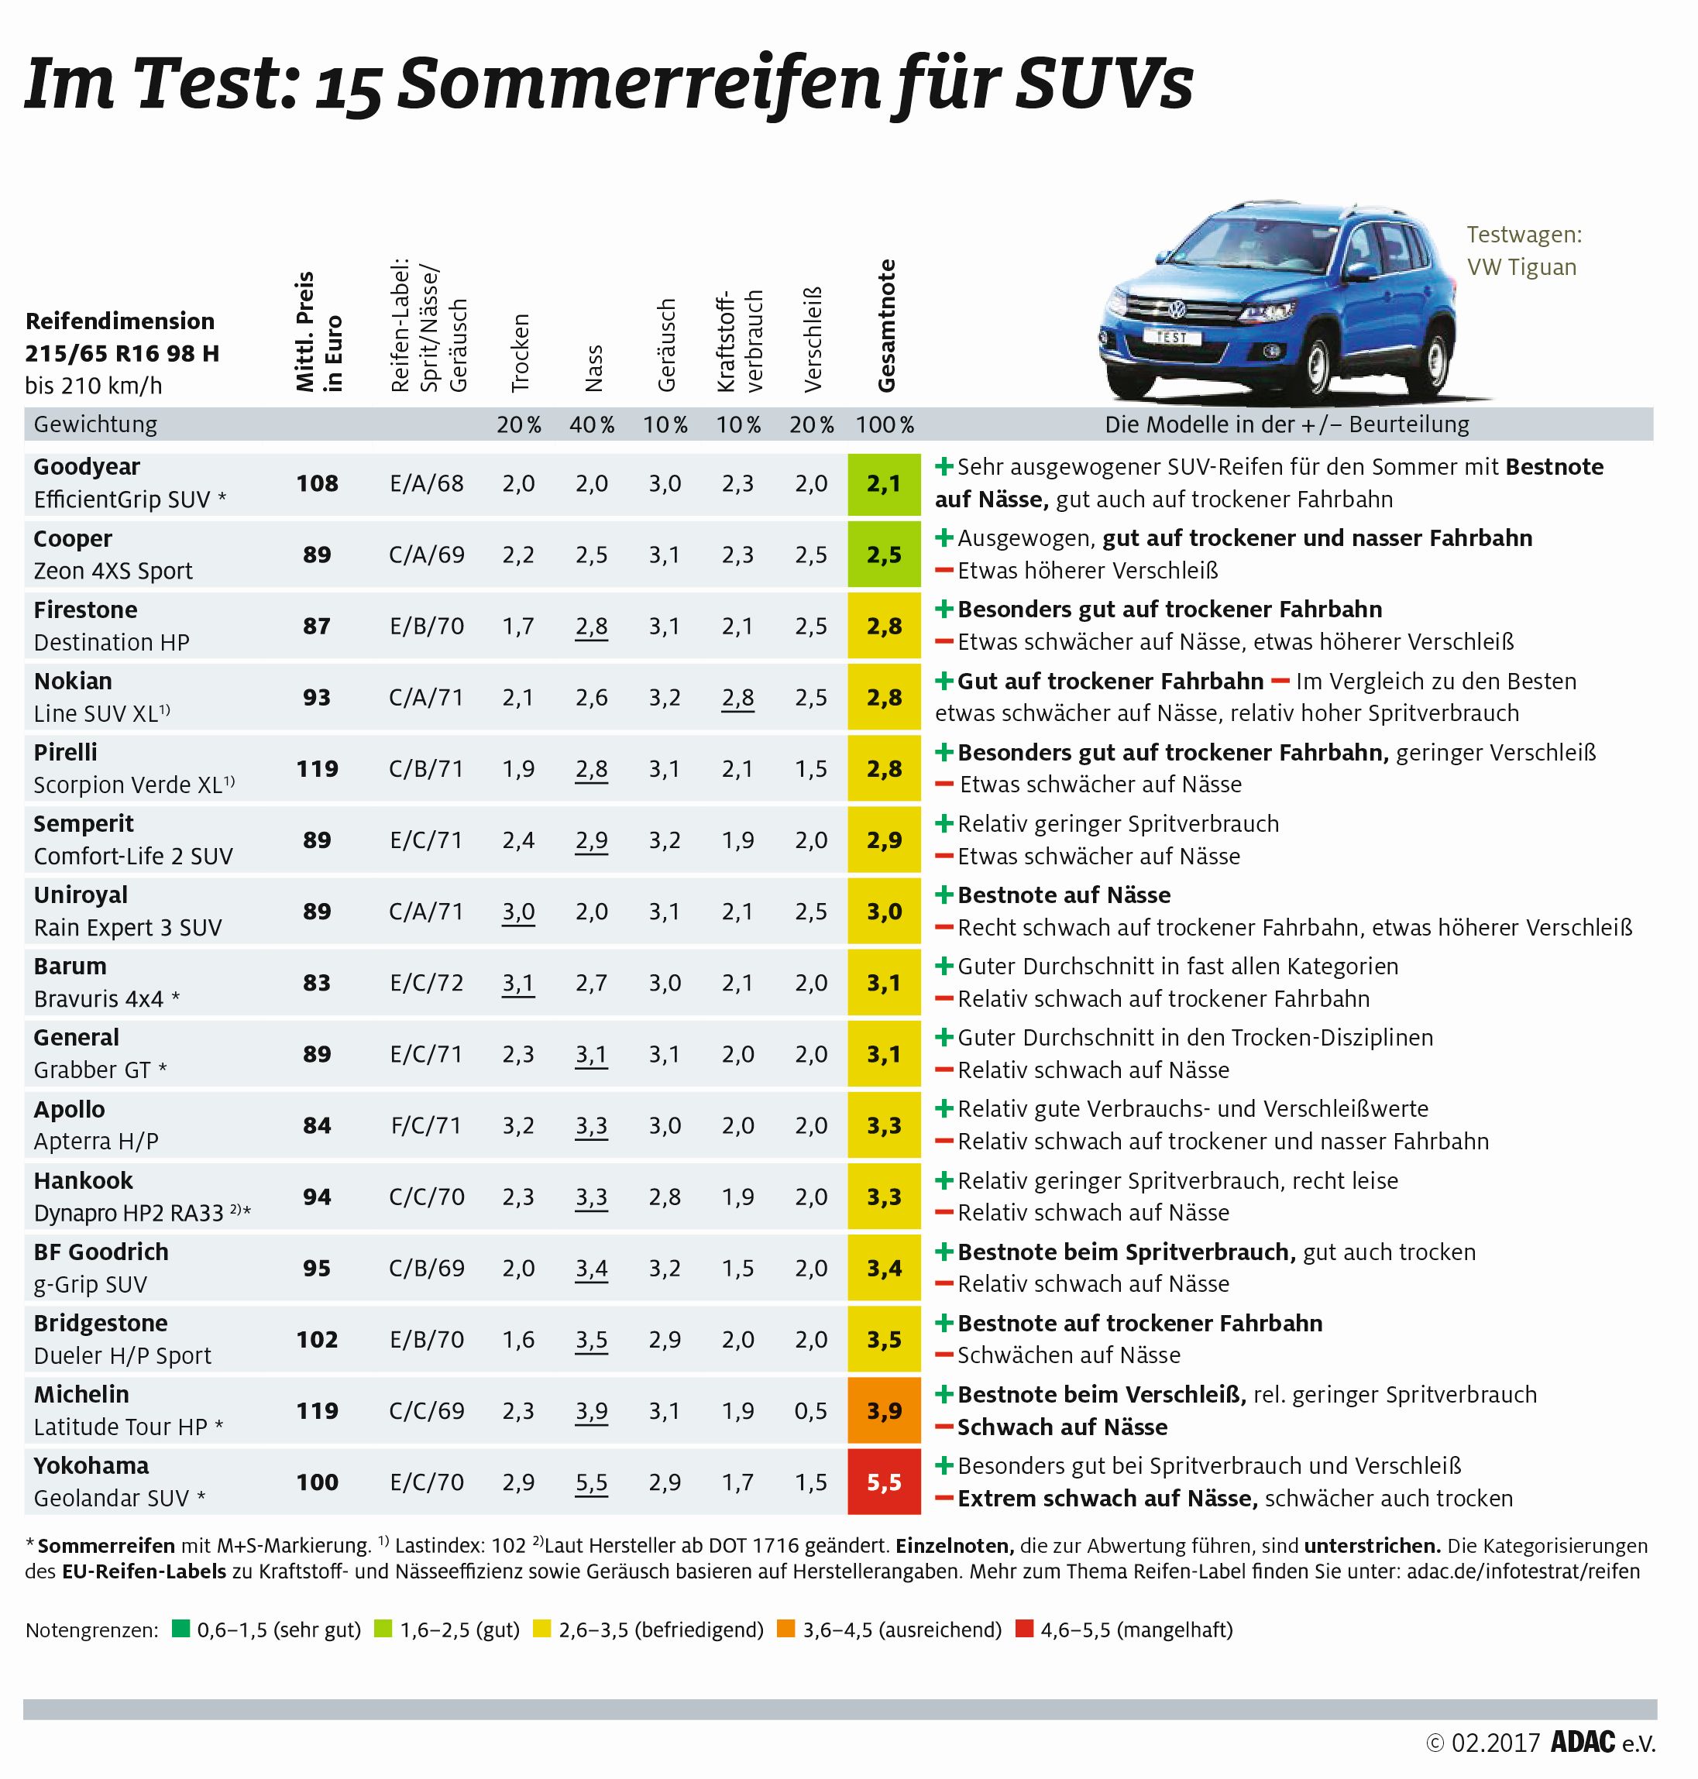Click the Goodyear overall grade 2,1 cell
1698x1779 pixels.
[x=883, y=483]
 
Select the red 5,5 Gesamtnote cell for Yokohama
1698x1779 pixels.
[x=883, y=1482]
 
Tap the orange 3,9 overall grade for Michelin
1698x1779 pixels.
[x=883, y=1410]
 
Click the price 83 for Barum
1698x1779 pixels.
[x=317, y=983]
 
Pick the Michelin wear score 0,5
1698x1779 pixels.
[x=811, y=1410]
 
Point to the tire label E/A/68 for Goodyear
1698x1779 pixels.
[x=426, y=483]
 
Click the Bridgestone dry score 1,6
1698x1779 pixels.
[x=519, y=1339]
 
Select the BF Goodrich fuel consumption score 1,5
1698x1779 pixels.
[x=737, y=1268]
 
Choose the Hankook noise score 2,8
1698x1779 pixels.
[x=665, y=1197]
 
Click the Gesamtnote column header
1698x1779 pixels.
[x=886, y=326]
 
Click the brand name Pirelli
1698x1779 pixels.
[x=65, y=752]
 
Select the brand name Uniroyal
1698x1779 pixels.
[x=81, y=895]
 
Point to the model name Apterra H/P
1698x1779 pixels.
[x=96, y=1141]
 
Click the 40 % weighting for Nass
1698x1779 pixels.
[x=592, y=424]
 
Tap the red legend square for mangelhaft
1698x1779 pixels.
[x=1024, y=1630]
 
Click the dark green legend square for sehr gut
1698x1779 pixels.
[x=181, y=1630]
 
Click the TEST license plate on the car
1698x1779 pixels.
[x=1170, y=337]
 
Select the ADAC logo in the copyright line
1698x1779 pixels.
[x=1583, y=1743]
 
